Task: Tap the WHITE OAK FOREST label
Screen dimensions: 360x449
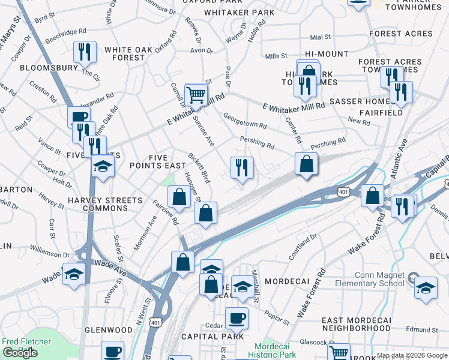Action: (x=125, y=53)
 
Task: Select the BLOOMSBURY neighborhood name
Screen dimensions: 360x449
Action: (x=49, y=68)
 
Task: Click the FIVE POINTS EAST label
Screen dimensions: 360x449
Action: (x=158, y=161)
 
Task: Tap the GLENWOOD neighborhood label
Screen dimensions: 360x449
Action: (x=109, y=330)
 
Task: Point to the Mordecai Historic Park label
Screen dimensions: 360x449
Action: (x=275, y=350)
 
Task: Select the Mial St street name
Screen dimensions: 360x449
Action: (x=321, y=37)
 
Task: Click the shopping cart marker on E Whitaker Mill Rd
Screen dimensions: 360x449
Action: (x=196, y=94)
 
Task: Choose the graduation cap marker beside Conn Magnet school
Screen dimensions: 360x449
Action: (x=426, y=287)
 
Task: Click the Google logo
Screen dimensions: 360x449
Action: (x=20, y=353)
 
